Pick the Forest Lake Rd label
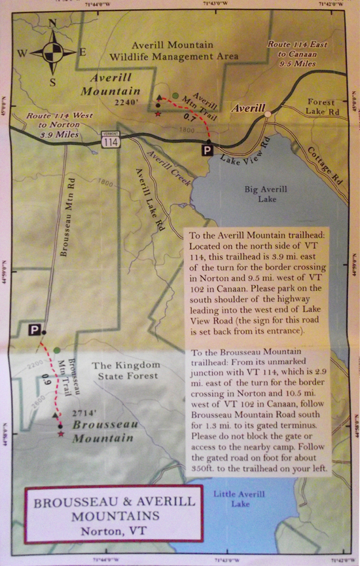tap(321, 107)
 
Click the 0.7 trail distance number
tap(189, 118)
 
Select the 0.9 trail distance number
tap(45, 379)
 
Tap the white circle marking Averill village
tap(267, 115)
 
